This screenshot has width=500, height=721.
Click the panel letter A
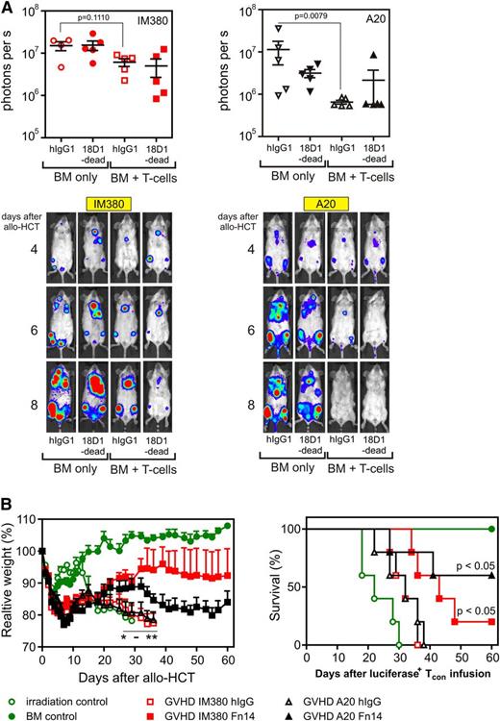click(x=8, y=9)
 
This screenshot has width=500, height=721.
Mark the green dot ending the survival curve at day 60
click(x=491, y=528)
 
